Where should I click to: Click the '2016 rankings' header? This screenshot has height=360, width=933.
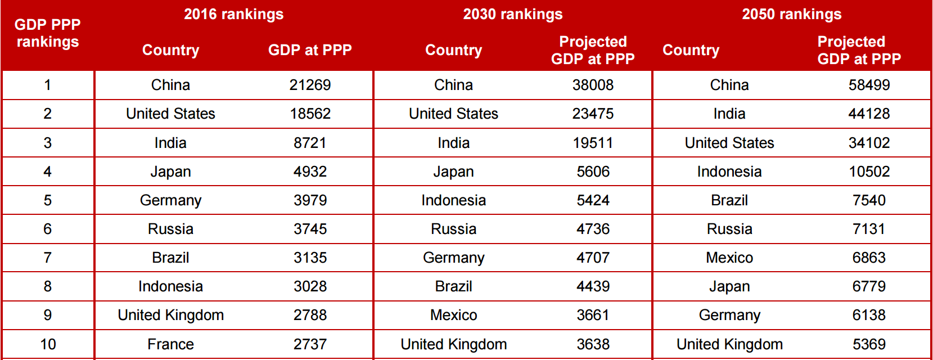(x=233, y=14)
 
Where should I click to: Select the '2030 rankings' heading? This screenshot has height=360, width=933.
(x=512, y=14)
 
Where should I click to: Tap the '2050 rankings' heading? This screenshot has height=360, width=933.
(x=791, y=14)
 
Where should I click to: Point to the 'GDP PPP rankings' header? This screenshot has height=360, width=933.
(x=48, y=33)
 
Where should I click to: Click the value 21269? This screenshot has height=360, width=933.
(x=310, y=85)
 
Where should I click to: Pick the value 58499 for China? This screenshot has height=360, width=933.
(x=869, y=85)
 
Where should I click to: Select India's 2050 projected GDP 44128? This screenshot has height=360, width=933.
(x=869, y=114)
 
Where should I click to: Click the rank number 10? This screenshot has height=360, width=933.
(x=48, y=344)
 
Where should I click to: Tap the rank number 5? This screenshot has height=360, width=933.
(x=48, y=200)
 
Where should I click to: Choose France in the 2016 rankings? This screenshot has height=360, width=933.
(x=170, y=344)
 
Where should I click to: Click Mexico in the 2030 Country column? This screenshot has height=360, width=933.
(x=453, y=315)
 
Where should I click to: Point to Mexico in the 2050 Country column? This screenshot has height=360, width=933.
(x=729, y=258)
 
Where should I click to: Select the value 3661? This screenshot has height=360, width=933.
(x=593, y=315)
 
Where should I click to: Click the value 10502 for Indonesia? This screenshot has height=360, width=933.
(x=869, y=172)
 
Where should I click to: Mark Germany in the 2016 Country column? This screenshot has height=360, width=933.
(x=170, y=200)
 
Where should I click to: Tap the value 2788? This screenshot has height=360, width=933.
(x=310, y=315)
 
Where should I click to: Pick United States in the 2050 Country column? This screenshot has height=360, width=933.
(x=729, y=143)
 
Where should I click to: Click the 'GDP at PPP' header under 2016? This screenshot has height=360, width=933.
(x=310, y=50)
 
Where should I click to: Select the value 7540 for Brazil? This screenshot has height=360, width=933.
(x=869, y=200)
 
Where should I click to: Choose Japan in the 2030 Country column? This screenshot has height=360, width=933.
(x=453, y=172)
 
